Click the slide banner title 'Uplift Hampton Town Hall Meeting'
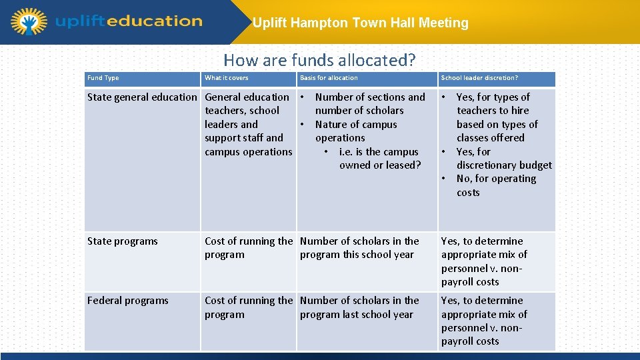[360, 23]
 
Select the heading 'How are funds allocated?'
[319, 60]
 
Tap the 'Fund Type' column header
[103, 78]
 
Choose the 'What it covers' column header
[226, 78]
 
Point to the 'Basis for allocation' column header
[329, 78]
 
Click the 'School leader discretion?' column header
[479, 78]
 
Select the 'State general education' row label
[142, 97]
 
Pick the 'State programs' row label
[123, 241]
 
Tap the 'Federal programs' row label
[127, 301]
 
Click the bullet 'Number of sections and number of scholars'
[369, 104]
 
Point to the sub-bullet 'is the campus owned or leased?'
[379, 159]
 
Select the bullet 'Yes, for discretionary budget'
[503, 159]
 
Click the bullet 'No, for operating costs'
[496, 185]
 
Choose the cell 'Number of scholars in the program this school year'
[359, 248]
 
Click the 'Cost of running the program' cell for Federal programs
[248, 307]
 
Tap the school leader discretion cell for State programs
[484, 261]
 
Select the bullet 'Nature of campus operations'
[355, 131]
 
